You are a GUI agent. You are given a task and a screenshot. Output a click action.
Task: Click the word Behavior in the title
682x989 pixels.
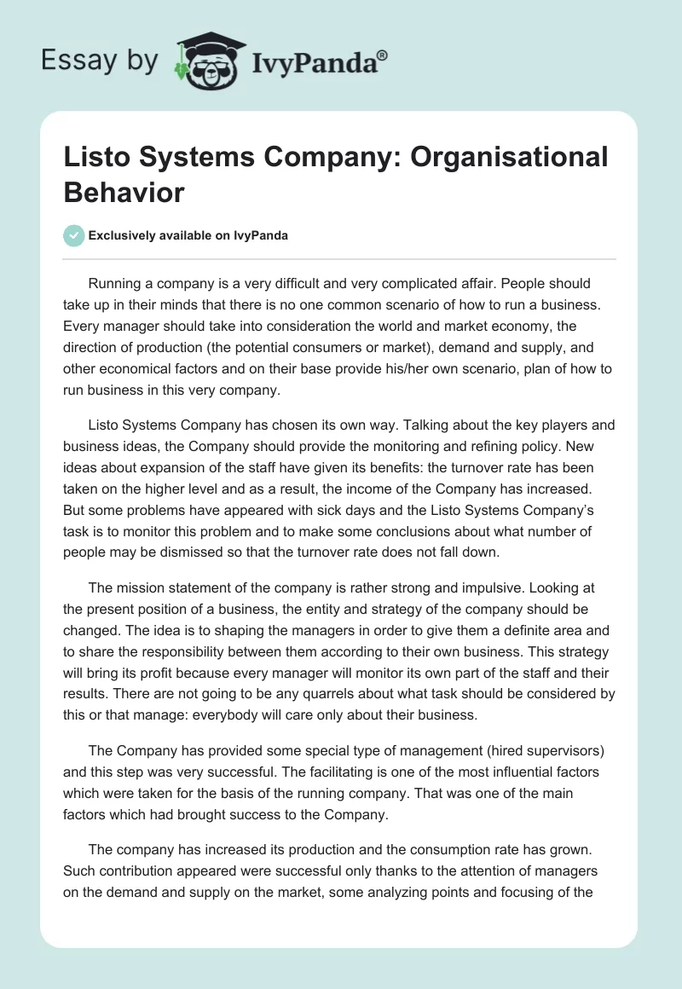pyautogui.click(x=124, y=192)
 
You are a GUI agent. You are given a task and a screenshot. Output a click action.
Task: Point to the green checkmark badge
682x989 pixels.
pyautogui.click(x=74, y=235)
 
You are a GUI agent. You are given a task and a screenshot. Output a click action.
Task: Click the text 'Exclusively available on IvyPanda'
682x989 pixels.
pyautogui.click(x=188, y=236)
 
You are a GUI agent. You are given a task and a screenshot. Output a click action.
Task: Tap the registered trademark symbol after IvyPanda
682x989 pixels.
pyautogui.click(x=384, y=55)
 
